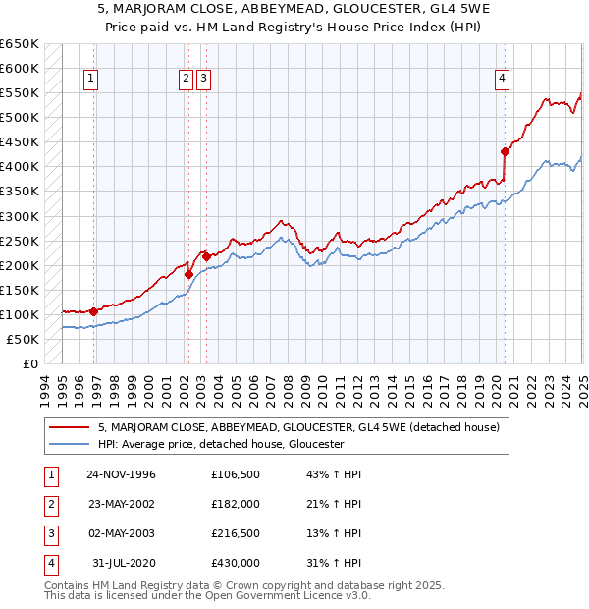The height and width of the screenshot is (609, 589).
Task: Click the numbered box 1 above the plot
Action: pos(90,80)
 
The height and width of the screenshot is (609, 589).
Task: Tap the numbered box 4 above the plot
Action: pos(502,80)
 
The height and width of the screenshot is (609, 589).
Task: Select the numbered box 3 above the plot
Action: pos(203,80)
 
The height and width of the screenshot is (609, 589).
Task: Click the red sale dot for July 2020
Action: pos(505,151)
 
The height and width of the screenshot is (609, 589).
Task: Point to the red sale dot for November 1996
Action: pos(94,311)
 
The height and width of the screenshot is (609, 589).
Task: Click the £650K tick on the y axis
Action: pos(20,44)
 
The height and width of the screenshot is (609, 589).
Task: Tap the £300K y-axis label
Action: pos(20,216)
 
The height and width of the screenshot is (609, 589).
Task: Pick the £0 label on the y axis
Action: pos(30,364)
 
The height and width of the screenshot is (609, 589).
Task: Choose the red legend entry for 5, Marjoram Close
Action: pos(298,427)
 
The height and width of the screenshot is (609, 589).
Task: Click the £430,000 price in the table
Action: pos(236,563)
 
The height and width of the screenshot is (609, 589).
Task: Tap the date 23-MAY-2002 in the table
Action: pos(121,504)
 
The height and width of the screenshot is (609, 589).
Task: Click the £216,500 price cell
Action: pos(236,533)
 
